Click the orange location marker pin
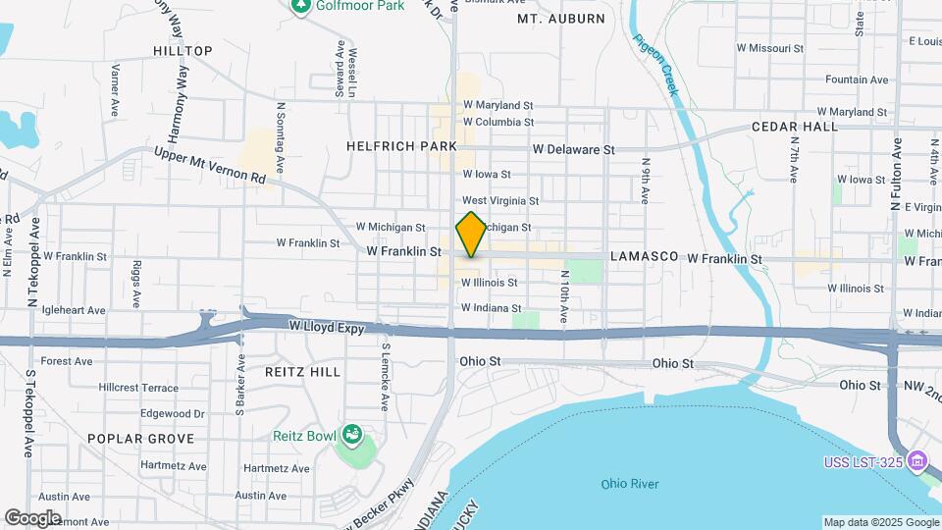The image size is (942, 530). point(471,234)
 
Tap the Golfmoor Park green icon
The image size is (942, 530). point(301,6)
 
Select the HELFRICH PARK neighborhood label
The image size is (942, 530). point(401,146)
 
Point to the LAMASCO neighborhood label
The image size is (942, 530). point(644,256)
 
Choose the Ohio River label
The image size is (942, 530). point(630,484)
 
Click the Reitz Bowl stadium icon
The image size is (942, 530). point(351,434)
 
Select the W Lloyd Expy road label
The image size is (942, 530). point(326,326)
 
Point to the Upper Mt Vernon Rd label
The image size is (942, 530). point(210,166)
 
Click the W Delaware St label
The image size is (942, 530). point(573,150)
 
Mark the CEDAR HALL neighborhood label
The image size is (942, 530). point(795,127)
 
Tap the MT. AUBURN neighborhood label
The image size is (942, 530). point(557,18)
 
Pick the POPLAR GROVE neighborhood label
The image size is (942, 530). point(141,439)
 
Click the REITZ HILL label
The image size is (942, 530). point(303,372)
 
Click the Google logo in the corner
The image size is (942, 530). point(32,517)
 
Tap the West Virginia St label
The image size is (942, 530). point(500,200)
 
